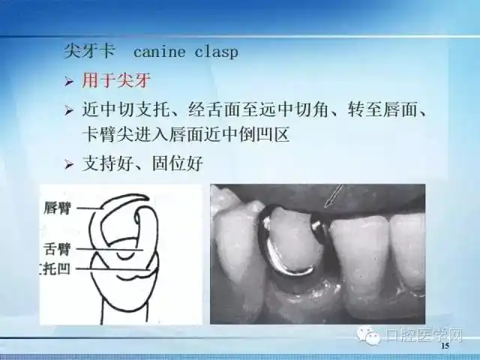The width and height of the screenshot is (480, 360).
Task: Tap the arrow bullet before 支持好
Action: (70, 163)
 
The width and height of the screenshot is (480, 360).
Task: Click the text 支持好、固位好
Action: (142, 163)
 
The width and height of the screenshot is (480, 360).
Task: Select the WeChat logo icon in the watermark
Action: (372, 336)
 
